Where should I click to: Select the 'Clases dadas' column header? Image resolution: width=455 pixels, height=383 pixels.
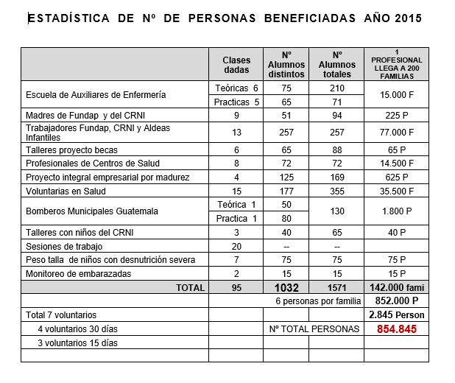click(x=237, y=65)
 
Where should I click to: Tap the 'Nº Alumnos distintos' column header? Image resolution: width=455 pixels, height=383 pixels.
click(x=286, y=65)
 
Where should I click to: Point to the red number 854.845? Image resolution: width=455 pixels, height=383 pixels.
click(x=398, y=329)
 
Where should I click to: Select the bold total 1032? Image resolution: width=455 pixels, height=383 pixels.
click(x=286, y=288)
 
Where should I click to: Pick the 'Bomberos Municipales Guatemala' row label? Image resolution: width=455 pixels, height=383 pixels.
click(x=91, y=211)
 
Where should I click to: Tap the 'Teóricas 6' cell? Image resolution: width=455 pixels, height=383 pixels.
click(x=236, y=88)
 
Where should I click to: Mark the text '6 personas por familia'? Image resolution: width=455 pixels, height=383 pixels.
click(x=318, y=301)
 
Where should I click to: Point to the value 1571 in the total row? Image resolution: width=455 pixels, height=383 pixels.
click(x=336, y=288)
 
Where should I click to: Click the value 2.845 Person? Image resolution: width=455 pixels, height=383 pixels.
click(x=398, y=315)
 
